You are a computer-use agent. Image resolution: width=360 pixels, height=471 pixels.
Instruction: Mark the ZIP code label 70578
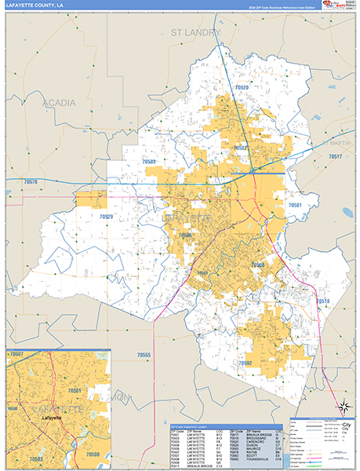[x=31, y=181]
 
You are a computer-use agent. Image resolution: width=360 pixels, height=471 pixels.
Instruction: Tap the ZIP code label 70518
[x=323, y=301]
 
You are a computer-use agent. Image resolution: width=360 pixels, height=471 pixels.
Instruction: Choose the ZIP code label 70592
[x=245, y=363]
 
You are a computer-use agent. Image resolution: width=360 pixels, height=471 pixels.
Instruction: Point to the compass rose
[x=343, y=406]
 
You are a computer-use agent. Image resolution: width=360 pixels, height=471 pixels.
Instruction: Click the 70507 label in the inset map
[x=16, y=355]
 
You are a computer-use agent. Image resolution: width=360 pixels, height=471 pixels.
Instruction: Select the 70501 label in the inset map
[x=75, y=390]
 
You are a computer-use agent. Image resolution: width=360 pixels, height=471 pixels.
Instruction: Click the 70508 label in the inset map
[x=93, y=455]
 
